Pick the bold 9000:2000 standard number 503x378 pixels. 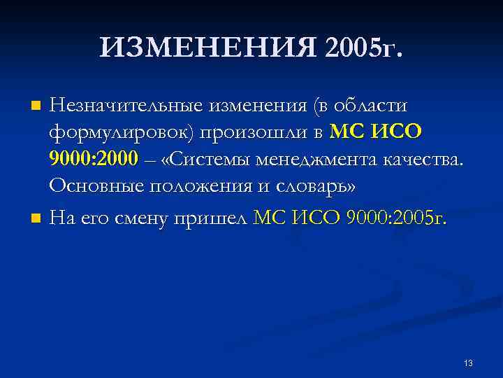tap(94, 160)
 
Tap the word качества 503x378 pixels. tap(425, 160)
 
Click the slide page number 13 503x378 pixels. tap(467, 363)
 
